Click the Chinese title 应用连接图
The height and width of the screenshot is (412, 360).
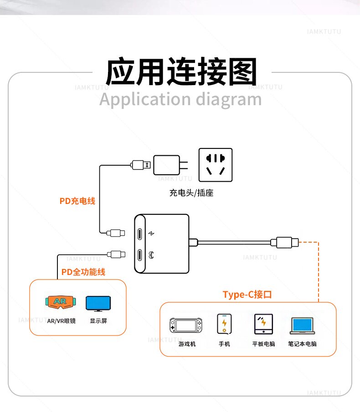181,72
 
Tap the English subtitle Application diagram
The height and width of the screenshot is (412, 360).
180,99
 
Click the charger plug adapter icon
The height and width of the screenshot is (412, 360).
168,165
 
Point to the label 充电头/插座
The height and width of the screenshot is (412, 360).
191,193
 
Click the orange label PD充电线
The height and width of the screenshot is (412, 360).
77,201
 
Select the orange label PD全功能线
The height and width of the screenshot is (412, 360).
83,272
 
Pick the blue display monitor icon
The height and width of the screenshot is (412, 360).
98,303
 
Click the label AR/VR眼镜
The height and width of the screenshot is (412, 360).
61,321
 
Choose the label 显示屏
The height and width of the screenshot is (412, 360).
98,321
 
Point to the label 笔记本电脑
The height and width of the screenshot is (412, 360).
302,344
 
